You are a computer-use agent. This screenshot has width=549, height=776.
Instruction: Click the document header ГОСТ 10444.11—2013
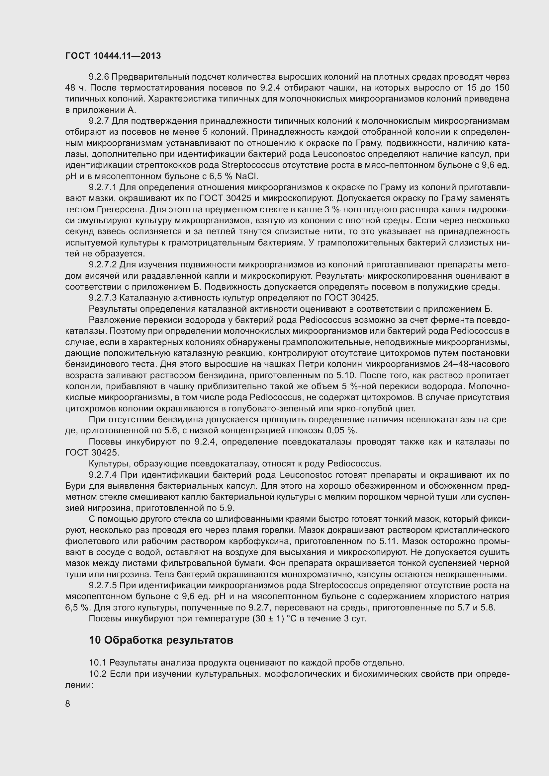[113, 56]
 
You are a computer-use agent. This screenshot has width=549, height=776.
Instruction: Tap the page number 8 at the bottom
[68, 704]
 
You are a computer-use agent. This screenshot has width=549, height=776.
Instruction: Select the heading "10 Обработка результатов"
[161, 640]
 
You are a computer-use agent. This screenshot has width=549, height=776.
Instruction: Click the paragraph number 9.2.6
[99, 77]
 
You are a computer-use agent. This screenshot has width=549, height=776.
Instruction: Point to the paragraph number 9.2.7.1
[104, 187]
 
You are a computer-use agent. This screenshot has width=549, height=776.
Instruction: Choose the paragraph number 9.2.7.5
[104, 585]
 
